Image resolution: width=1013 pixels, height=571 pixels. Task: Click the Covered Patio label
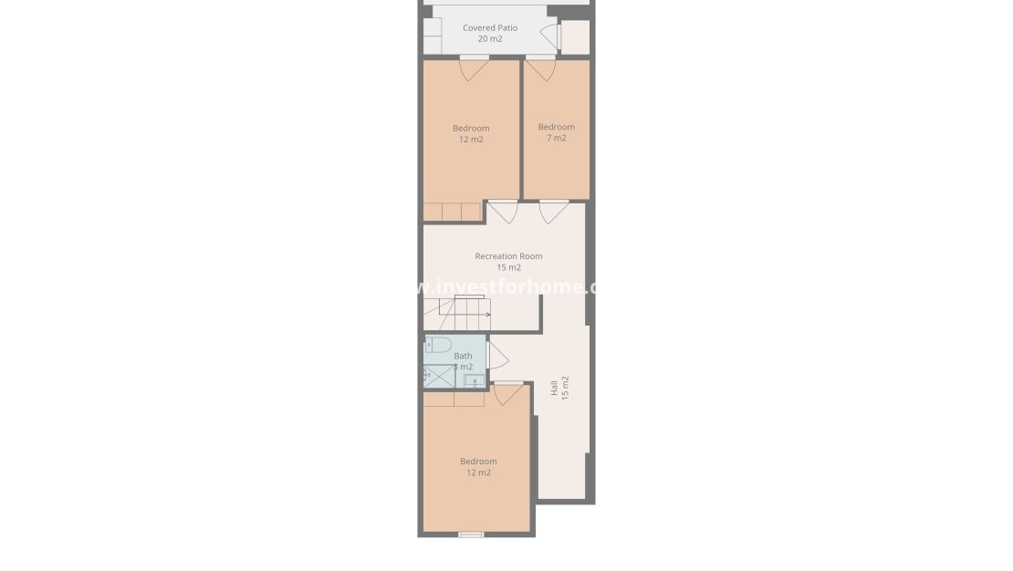click(490, 28)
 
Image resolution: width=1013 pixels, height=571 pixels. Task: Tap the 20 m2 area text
click(490, 39)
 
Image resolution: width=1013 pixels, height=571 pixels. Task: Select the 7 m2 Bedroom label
click(556, 127)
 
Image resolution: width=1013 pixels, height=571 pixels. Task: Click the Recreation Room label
click(508, 256)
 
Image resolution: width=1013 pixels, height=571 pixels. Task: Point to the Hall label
click(554, 388)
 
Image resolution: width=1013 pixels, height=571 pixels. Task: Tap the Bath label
click(463, 356)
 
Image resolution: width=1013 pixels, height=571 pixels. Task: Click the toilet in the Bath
click(439, 345)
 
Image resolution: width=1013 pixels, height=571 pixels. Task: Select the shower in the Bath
click(439, 376)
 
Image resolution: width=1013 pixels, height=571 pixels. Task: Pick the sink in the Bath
click(472, 380)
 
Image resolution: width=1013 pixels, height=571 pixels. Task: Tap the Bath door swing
click(497, 355)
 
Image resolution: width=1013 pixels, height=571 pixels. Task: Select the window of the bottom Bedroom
click(471, 535)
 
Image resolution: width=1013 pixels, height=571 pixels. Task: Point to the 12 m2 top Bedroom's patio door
click(474, 67)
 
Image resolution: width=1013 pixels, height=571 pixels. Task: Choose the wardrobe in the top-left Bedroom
click(452, 212)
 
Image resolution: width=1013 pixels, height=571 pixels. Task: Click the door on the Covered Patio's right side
click(551, 36)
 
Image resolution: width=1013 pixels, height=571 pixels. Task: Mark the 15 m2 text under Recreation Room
click(508, 268)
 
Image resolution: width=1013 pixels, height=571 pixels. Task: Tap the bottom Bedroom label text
click(478, 462)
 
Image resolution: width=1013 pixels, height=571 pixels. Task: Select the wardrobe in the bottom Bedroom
click(454, 399)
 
